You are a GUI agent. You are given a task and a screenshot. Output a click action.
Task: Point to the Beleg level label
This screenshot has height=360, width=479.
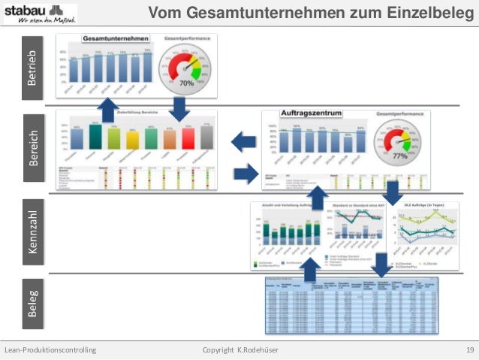(x=32, y=301)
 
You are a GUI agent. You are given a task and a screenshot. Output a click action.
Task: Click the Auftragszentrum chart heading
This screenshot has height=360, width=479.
(x=311, y=113)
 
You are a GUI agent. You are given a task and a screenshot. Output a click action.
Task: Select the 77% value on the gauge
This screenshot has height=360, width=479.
(x=400, y=157)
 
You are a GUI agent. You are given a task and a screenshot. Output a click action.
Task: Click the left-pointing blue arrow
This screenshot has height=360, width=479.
(x=243, y=141)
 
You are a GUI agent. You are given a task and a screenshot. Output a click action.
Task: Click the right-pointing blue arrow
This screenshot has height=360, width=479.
(x=245, y=174)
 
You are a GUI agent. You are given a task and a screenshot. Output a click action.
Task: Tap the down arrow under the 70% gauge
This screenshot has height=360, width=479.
(x=179, y=107)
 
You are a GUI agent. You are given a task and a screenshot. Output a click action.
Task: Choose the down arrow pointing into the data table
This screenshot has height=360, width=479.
(x=381, y=265)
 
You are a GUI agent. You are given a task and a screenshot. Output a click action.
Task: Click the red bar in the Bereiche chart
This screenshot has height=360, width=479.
(x=188, y=138)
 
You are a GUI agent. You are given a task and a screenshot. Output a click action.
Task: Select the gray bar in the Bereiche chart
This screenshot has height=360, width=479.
(x=207, y=137)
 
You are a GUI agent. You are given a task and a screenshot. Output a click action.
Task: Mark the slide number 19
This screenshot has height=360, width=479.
(x=469, y=351)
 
